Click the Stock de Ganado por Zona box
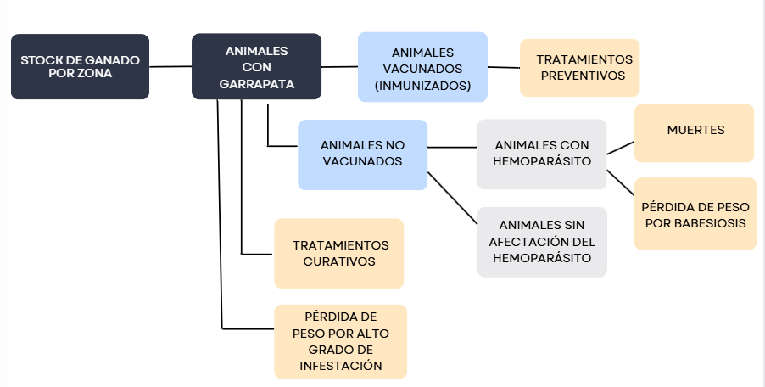point(80,66)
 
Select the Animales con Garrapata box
point(256,66)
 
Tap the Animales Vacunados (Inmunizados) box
point(422,67)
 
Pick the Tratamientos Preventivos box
point(579,67)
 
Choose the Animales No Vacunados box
point(362,154)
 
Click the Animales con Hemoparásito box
point(542,154)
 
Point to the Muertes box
point(694,132)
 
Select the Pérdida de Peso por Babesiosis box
point(695,214)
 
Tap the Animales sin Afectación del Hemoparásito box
point(542,242)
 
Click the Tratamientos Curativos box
point(339,253)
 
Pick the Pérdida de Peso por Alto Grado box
point(340,341)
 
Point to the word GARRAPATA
point(256,84)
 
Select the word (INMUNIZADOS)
point(422,86)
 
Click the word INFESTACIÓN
point(340,366)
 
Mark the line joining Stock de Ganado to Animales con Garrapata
point(170,66)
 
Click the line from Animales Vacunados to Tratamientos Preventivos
point(504,67)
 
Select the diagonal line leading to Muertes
point(621,148)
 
